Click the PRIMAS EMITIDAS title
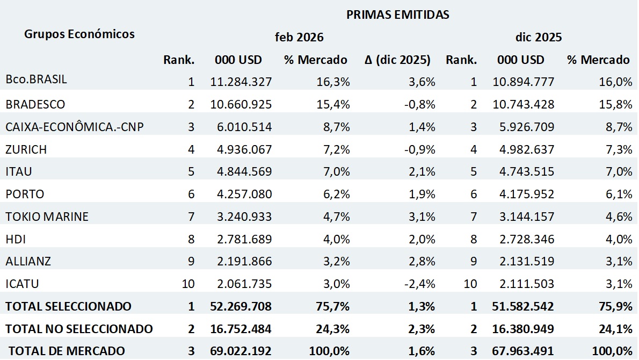pos(397,15)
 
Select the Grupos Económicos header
pos(79,34)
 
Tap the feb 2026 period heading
pos(299,38)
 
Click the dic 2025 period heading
pos(538,38)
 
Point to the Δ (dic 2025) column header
pos(397,60)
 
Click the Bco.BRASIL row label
pos(37,80)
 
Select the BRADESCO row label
pos(35,104)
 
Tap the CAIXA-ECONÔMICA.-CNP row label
pos(75,126)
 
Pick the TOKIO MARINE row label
pos(47,217)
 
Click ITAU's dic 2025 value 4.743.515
pos(523,171)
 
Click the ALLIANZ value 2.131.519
pos(523,261)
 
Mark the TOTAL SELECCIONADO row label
pos(68,306)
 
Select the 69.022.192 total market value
pos(240,351)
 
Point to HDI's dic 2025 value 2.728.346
pos(523,239)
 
